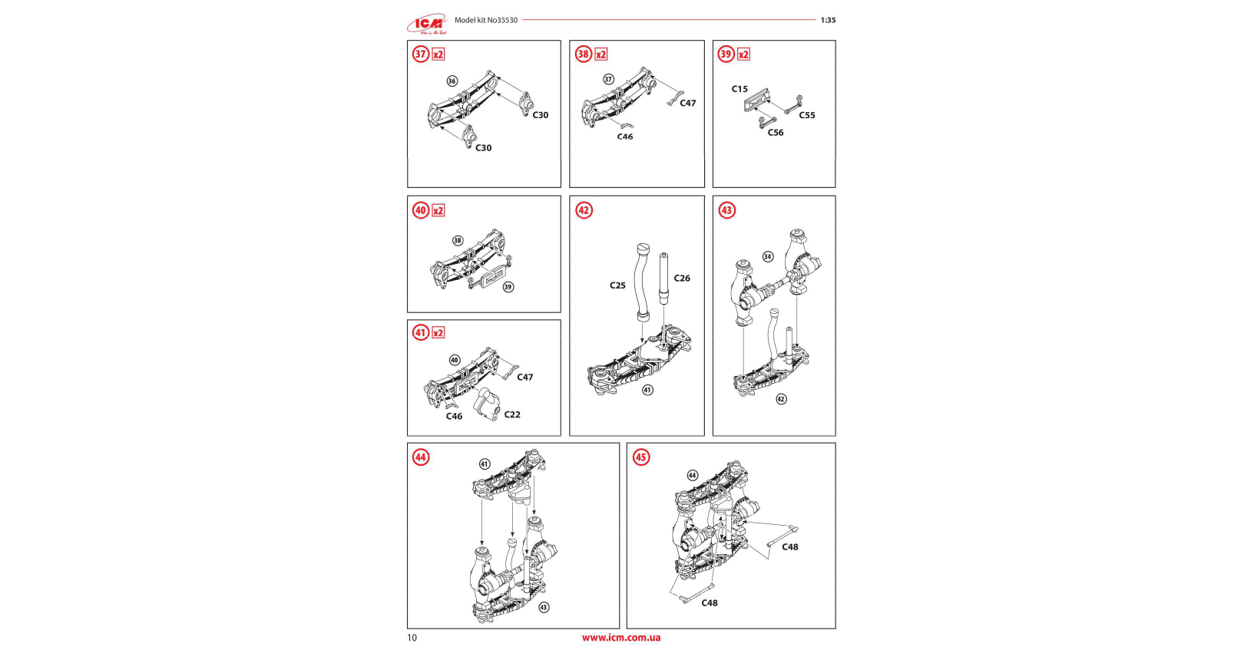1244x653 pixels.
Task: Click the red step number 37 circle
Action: click(421, 54)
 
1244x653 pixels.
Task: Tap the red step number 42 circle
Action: click(584, 210)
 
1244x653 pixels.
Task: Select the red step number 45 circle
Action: click(640, 457)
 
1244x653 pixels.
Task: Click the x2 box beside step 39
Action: click(743, 54)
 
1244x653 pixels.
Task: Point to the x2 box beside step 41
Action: click(438, 333)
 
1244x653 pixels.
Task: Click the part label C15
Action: click(739, 89)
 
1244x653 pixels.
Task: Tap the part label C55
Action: click(806, 115)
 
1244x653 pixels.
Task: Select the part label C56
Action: click(776, 133)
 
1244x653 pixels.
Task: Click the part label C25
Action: click(617, 285)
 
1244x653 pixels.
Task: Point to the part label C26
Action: click(682, 279)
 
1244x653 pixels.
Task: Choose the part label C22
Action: click(512, 414)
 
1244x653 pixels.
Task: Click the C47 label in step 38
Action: click(687, 103)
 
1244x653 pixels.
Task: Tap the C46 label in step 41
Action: click(454, 417)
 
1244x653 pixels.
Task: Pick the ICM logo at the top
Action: click(428, 24)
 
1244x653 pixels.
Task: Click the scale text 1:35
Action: click(828, 21)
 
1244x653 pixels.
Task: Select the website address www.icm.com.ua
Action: click(621, 638)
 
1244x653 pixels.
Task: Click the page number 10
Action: click(412, 638)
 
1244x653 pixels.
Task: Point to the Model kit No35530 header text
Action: click(486, 21)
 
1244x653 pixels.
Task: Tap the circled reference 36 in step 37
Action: click(452, 81)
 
